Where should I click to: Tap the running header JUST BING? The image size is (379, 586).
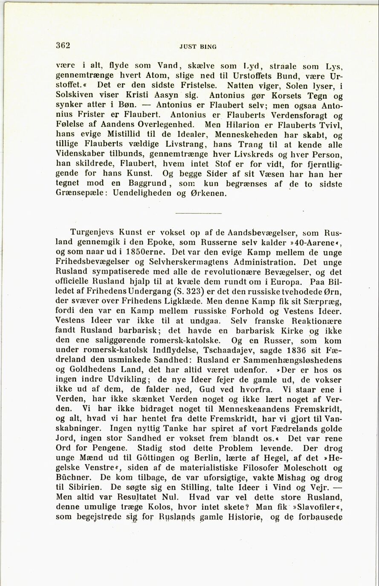pyautogui.click(x=198, y=47)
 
